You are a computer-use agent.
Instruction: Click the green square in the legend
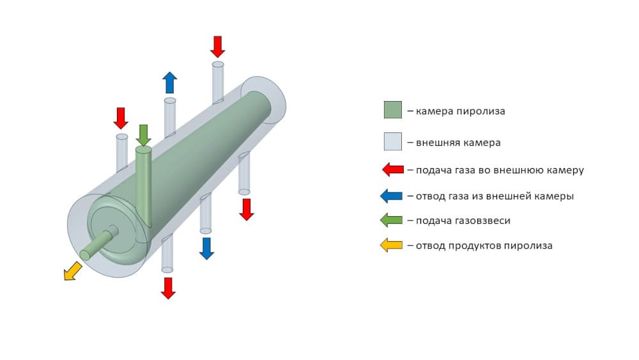pos(393,110)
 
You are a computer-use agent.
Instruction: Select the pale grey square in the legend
pos(393,141)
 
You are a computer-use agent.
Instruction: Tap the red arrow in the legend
pos(393,169)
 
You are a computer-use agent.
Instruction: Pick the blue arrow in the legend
pos(391,196)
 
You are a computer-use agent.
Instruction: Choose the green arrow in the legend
pos(391,221)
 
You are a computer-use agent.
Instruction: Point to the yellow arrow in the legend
pos(391,246)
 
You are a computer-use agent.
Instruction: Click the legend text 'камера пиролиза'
pos(461,111)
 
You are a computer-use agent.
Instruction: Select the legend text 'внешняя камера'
pos(458,143)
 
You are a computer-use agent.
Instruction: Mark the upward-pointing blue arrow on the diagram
pos(169,82)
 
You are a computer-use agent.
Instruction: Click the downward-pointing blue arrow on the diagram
pos(206,248)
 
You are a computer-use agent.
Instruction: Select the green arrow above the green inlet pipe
pos(143,136)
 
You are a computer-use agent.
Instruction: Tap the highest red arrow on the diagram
pos(218,47)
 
